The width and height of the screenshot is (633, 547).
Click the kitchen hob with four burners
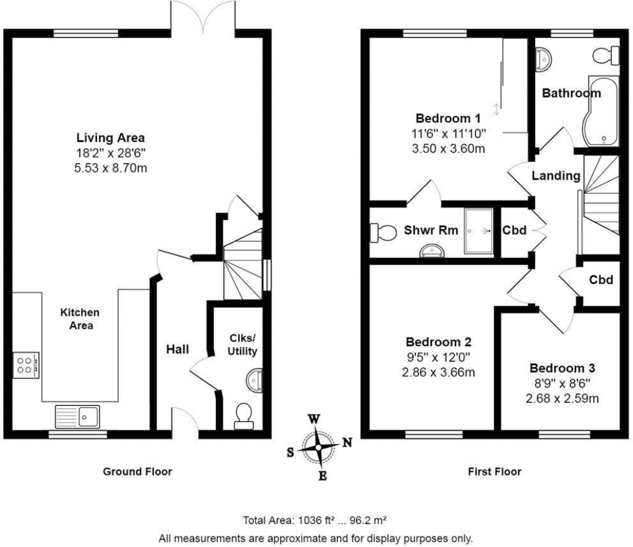(x=26, y=364)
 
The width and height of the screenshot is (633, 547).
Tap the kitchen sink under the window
(x=78, y=415)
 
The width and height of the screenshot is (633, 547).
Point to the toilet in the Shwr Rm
(x=383, y=232)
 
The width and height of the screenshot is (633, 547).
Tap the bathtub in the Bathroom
(x=601, y=112)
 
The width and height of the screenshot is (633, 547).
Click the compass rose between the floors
(x=318, y=446)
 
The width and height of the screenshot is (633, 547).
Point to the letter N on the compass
(x=347, y=442)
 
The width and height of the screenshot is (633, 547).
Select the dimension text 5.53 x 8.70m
(x=111, y=167)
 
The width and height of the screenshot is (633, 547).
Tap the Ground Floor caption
(x=137, y=472)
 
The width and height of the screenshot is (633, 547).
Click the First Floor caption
(x=495, y=472)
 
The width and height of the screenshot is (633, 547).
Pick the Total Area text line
(x=316, y=520)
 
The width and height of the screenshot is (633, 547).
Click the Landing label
(x=556, y=176)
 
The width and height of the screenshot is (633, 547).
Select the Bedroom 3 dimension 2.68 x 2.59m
(x=562, y=398)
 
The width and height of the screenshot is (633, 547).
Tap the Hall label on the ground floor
(x=177, y=349)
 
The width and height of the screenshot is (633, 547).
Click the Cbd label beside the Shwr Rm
(x=514, y=230)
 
